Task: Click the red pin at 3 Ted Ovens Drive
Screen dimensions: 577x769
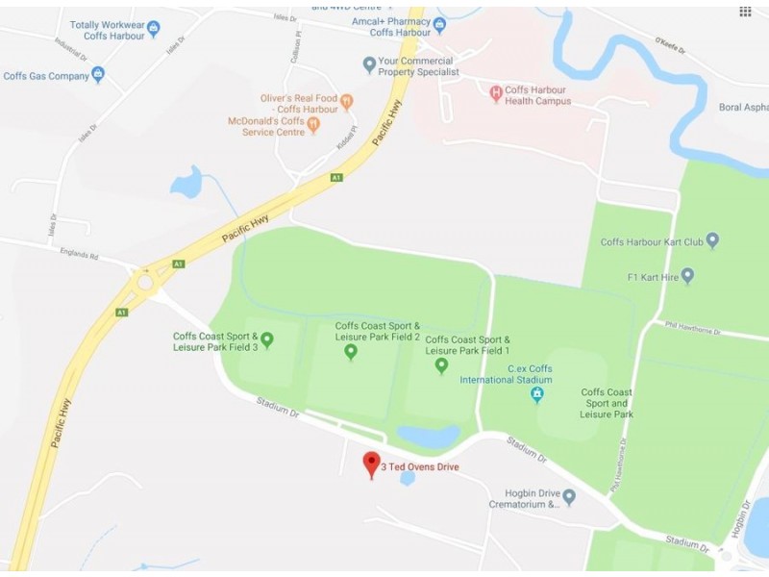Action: coord(371,463)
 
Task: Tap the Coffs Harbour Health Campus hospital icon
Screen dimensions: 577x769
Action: coord(496,93)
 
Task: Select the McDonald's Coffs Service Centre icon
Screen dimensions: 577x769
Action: coord(312,126)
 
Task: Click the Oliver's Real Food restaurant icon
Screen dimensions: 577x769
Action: coord(347,102)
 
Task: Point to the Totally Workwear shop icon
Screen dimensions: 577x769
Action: coord(153,29)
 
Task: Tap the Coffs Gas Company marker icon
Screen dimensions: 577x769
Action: coord(97,75)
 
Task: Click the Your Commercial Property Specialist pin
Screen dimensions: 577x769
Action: coord(369,65)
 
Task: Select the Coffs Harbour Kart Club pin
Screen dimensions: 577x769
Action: coord(712,241)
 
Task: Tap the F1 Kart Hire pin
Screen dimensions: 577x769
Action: coord(687,276)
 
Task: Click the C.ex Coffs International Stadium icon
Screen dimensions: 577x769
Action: coord(537,394)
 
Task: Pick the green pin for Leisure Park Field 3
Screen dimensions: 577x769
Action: coord(267,339)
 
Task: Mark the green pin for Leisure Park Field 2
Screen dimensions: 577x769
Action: coord(351,352)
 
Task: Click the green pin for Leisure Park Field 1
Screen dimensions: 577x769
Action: coord(441,364)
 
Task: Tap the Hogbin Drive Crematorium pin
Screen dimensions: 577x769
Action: coord(569,497)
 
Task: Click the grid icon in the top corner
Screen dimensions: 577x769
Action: coord(745,12)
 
